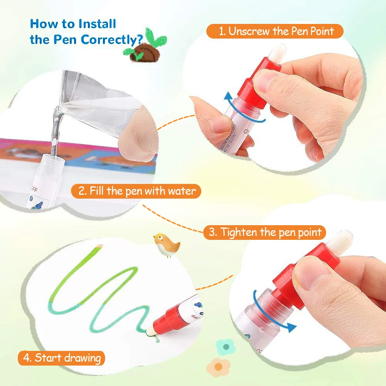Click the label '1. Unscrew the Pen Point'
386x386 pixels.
coord(275,31)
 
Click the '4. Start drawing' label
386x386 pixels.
coord(61,357)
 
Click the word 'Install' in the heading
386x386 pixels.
coord(97,24)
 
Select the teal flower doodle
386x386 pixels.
coord(226,347)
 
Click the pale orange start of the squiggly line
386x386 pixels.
coord(99,246)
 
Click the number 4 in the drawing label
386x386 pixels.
coord(27,358)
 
